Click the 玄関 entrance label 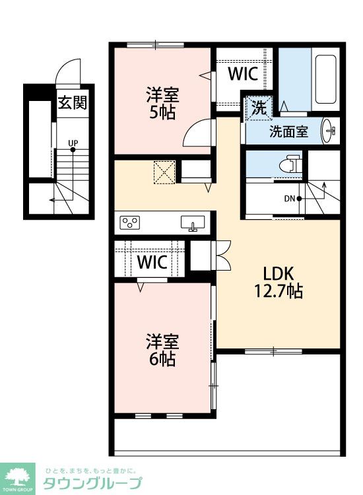coord(73,102)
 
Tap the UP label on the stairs coord(73,143)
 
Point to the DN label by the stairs coord(290,199)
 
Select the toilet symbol coord(290,164)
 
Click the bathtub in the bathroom coord(325,79)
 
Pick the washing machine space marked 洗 coord(259,108)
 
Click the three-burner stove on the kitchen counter coord(130,223)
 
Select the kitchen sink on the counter coord(193,223)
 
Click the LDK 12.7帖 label coord(279,282)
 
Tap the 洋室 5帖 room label coord(162,103)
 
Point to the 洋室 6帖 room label coord(162,350)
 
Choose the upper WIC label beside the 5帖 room coord(243,73)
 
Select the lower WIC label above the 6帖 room coord(152,261)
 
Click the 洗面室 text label coord(288,131)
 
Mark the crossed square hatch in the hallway coord(164,172)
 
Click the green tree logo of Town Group coord(18,476)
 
